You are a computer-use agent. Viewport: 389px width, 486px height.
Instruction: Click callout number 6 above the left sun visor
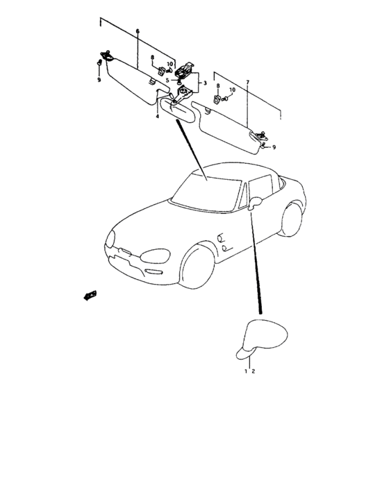138,31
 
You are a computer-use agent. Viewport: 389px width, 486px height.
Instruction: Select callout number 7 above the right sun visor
247,82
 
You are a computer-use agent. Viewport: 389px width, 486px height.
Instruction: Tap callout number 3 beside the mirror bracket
205,83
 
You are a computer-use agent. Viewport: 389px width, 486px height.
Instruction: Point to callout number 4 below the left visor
157,116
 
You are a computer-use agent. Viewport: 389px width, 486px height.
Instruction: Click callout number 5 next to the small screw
167,81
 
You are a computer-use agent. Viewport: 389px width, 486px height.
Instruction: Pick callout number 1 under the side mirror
246,371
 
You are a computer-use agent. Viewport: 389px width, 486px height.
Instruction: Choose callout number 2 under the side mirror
253,371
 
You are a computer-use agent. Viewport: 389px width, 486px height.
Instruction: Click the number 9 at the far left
99,80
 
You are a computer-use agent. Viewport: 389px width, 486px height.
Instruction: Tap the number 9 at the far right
274,147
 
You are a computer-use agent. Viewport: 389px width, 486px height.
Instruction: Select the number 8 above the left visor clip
152,58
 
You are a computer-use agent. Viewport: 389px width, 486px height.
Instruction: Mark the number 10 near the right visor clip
232,90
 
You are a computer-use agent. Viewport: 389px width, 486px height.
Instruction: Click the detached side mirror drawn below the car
261,340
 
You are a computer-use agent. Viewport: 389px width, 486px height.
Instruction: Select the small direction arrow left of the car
90,295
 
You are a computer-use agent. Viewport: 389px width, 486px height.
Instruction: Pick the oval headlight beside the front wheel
155,256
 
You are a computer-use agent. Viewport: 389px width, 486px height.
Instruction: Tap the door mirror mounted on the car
255,203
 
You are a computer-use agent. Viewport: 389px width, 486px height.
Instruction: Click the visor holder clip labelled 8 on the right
217,99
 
